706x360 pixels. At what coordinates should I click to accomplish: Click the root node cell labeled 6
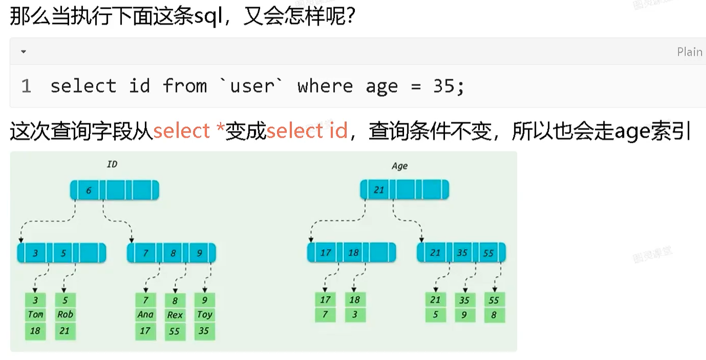89,190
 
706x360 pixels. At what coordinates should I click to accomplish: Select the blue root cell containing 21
379,190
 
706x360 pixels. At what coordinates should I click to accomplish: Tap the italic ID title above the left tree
112,164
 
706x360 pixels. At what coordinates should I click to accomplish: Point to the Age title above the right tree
399,166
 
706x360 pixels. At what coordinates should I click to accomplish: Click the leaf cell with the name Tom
35,314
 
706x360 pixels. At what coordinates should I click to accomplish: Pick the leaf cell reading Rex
175,315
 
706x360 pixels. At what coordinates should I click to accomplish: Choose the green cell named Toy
204,314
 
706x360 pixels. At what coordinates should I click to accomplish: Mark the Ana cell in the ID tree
145,314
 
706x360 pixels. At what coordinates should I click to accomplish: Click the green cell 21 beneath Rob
65,330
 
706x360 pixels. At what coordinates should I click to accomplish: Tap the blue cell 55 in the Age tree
488,253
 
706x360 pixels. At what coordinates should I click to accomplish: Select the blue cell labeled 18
353,252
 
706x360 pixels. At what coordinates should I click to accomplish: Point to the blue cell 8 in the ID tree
173,253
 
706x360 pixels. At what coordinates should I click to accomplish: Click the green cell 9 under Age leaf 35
464,315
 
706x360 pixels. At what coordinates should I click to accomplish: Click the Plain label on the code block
689,52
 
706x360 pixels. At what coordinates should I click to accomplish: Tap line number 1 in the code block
26,86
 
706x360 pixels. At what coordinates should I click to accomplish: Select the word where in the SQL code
325,86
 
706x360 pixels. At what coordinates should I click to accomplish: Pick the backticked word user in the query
252,86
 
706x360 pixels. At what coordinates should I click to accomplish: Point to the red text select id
307,130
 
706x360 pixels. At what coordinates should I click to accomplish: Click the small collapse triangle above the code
23,51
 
